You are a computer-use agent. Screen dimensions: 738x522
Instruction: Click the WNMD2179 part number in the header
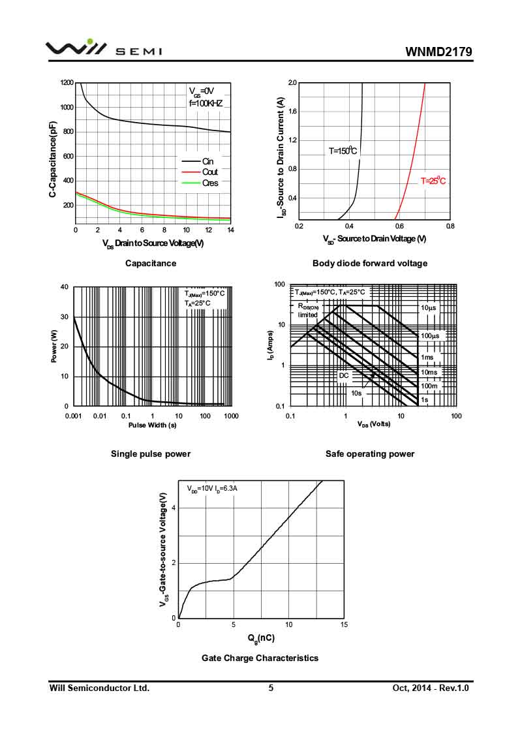[x=438, y=52]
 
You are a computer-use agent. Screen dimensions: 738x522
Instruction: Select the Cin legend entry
[x=207, y=161]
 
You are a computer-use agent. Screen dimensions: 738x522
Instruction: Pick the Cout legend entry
[x=209, y=172]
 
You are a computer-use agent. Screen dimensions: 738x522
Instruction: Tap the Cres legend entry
[x=209, y=183]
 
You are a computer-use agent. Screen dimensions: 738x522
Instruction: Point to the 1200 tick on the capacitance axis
[x=67, y=83]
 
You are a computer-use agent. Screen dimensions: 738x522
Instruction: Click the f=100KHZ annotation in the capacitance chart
[x=206, y=103]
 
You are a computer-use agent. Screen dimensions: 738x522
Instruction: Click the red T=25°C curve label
[x=433, y=181]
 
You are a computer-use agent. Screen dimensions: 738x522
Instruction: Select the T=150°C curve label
[x=343, y=151]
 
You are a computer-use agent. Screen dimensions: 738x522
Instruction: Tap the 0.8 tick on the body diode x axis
[x=450, y=226]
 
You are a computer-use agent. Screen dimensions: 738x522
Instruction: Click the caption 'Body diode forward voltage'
[x=370, y=263]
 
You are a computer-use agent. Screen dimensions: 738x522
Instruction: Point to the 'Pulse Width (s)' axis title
[x=152, y=425]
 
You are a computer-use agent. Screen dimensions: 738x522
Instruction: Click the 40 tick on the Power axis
[x=65, y=287]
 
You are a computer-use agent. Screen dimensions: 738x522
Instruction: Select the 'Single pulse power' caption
[x=151, y=454]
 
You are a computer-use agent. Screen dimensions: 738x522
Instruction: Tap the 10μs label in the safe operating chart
[x=428, y=307]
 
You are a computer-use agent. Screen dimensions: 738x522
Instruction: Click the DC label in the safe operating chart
[x=343, y=376]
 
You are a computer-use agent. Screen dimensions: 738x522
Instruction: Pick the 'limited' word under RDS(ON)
[x=307, y=315]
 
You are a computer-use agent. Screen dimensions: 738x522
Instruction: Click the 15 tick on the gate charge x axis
[x=344, y=624]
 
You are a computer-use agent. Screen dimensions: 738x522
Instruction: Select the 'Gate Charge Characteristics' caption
[x=260, y=658]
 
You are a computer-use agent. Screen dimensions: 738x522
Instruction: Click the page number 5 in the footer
[x=271, y=688]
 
